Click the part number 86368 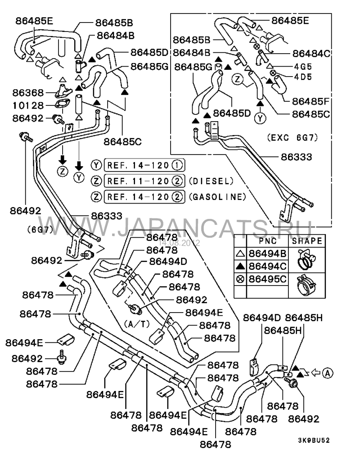click(x=28, y=93)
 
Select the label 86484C click(x=311, y=54)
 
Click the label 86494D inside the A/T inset click(x=168, y=261)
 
